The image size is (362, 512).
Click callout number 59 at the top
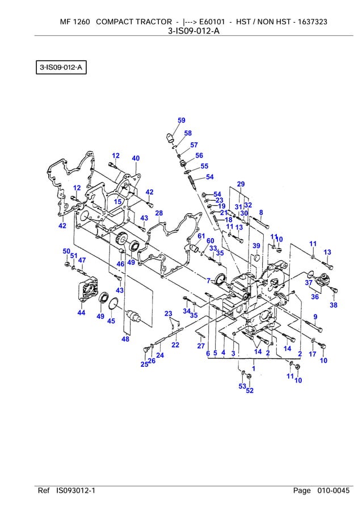pyautogui.click(x=181, y=120)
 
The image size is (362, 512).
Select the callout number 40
pyautogui.click(x=136, y=158)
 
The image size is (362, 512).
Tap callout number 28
pyautogui.click(x=159, y=213)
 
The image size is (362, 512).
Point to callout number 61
pyautogui.click(x=201, y=236)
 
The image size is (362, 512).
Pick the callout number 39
pyautogui.click(x=256, y=246)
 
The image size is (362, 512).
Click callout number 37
pyautogui.click(x=309, y=282)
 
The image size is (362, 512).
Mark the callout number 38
pyautogui.click(x=334, y=305)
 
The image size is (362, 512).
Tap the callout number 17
pyautogui.click(x=312, y=354)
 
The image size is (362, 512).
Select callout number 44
pyautogui.click(x=81, y=312)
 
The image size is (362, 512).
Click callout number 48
pyautogui.click(x=125, y=339)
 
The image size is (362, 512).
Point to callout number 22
pyautogui.click(x=175, y=344)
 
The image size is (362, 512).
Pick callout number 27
pyautogui.click(x=201, y=346)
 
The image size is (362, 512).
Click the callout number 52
pyautogui.click(x=249, y=391)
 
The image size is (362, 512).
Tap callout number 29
pyautogui.click(x=241, y=184)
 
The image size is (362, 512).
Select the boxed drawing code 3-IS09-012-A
pyautogui.click(x=61, y=69)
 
